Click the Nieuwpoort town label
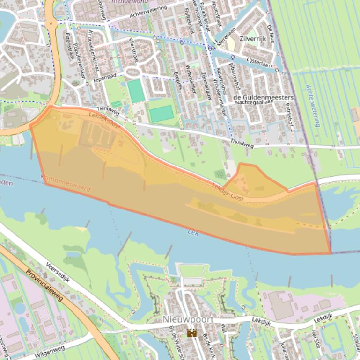(x=188, y=319)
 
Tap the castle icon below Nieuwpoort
(x=191, y=333)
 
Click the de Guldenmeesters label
(x=263, y=97)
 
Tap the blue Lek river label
(x=193, y=232)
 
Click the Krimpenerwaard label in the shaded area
(x=65, y=183)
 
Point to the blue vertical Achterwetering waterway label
(x=313, y=105)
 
